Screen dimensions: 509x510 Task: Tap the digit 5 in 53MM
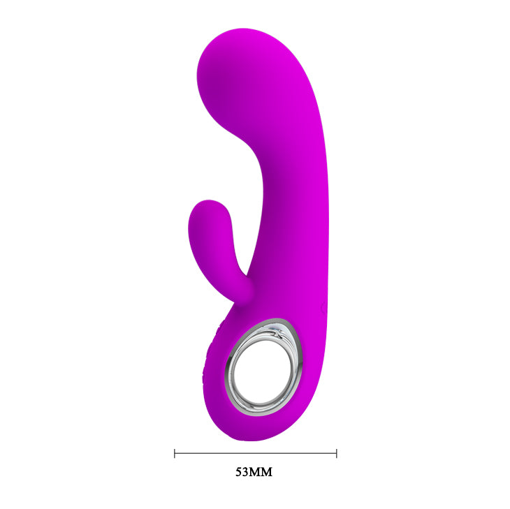point(239,472)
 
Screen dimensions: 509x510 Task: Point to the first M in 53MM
point(256,472)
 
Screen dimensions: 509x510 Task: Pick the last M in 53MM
point(266,472)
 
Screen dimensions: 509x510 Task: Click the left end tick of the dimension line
point(175,453)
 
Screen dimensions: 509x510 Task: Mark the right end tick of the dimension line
point(336,453)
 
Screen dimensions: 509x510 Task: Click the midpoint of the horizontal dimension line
point(255,453)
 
